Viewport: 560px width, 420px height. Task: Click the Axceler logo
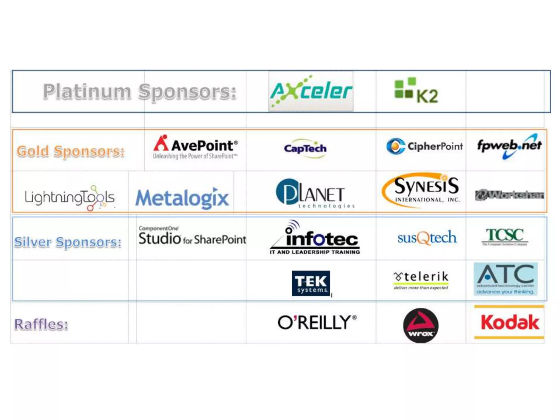(x=311, y=91)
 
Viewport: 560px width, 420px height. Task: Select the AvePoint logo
(x=195, y=147)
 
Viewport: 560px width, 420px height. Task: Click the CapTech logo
(x=305, y=148)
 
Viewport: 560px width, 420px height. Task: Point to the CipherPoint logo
(x=424, y=146)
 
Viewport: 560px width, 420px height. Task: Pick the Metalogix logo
(x=182, y=198)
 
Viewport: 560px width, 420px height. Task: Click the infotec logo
(x=315, y=238)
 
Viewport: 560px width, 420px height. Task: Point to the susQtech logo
(x=427, y=237)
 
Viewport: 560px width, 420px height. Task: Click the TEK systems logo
(x=311, y=283)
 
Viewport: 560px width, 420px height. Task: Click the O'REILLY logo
(x=317, y=322)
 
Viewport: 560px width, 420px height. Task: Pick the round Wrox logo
(x=421, y=325)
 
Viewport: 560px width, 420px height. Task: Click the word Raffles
(x=41, y=324)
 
